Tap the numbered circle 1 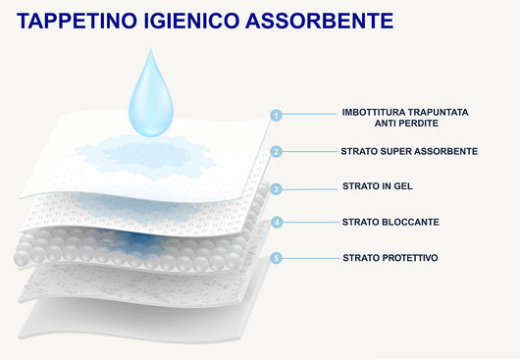click(x=277, y=115)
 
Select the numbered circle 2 click(x=277, y=151)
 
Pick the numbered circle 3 click(x=277, y=188)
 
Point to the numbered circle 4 click(x=277, y=223)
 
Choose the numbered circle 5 click(x=277, y=258)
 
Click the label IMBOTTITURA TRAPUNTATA click(x=405, y=112)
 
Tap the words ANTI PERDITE click(x=405, y=124)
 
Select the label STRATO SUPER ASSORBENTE click(x=410, y=151)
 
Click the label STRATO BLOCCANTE click(x=390, y=222)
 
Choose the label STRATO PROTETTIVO click(x=390, y=257)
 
